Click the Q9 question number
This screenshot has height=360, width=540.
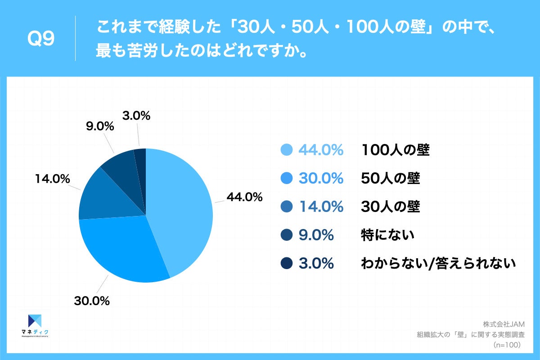click(x=41, y=40)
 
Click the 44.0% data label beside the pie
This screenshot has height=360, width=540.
click(x=244, y=197)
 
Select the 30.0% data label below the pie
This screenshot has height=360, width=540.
click(x=92, y=301)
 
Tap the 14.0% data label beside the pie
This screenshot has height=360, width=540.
click(x=52, y=179)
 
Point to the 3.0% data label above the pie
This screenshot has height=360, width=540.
click(x=136, y=116)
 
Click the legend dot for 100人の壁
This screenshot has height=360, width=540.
click(x=286, y=150)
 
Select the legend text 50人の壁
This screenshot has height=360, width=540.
click(x=390, y=179)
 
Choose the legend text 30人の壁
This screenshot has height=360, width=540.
click(x=390, y=207)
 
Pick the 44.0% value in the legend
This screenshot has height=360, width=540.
click(x=321, y=150)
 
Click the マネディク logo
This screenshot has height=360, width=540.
click(x=35, y=324)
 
